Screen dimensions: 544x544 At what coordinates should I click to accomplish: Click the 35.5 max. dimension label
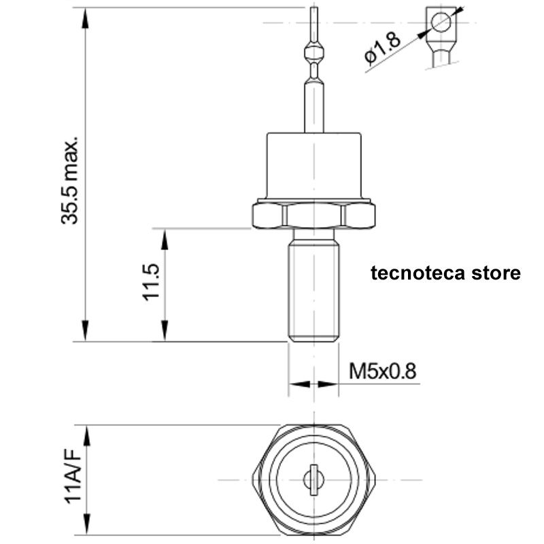[70, 181]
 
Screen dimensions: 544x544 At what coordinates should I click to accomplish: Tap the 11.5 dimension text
[151, 282]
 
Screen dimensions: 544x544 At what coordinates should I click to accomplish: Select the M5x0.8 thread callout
[382, 371]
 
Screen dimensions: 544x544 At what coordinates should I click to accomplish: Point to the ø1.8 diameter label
[382, 48]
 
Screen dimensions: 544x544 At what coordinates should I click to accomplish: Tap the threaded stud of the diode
[313, 292]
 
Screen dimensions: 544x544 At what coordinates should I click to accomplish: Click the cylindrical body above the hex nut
[313, 166]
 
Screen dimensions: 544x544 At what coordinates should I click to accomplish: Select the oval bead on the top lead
[313, 52]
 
